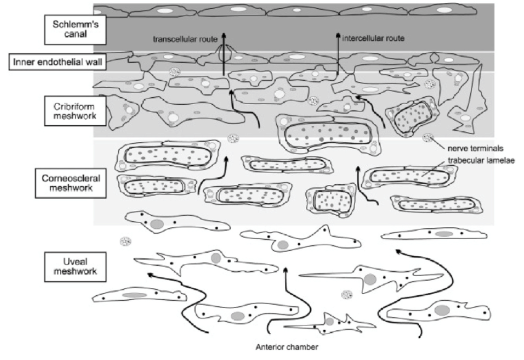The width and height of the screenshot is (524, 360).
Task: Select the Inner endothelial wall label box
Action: [49, 61]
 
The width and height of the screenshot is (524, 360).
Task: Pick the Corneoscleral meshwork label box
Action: [63, 183]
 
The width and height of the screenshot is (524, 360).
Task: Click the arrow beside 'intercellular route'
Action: [338, 55]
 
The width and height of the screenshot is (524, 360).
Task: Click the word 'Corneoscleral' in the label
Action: [63, 178]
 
